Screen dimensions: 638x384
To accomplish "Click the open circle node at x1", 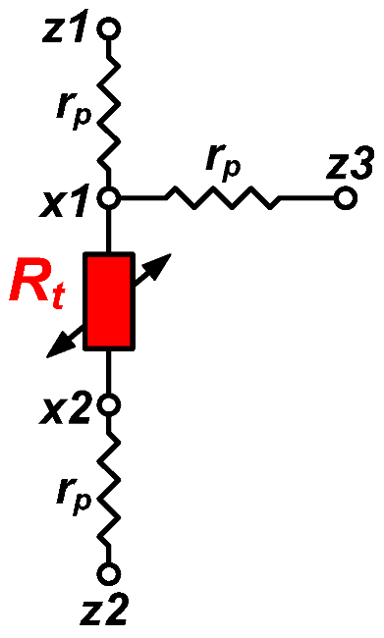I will point(110,198).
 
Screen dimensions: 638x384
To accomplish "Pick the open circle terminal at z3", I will point(343,198).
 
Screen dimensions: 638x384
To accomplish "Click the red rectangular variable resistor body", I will point(109,300).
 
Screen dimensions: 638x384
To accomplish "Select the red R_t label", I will point(37,288).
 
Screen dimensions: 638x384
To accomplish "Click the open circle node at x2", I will point(110,402).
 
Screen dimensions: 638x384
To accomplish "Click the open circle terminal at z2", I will point(110,571).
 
